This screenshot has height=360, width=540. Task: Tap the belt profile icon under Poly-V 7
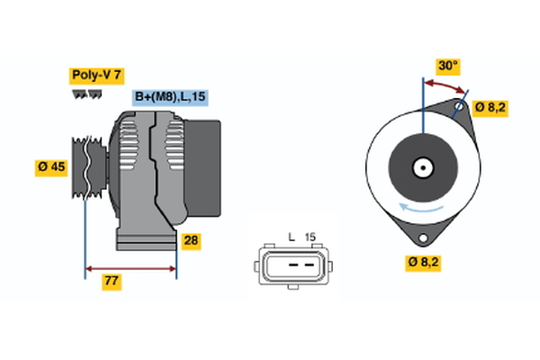pyautogui.click(x=86, y=94)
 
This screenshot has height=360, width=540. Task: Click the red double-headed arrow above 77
pyautogui.click(x=130, y=267)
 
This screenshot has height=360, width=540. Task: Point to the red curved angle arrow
pyautogui.click(x=447, y=83)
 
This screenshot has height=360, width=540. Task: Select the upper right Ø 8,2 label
pyautogui.click(x=491, y=108)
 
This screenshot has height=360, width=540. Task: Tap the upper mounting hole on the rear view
pyautogui.click(x=459, y=106)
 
